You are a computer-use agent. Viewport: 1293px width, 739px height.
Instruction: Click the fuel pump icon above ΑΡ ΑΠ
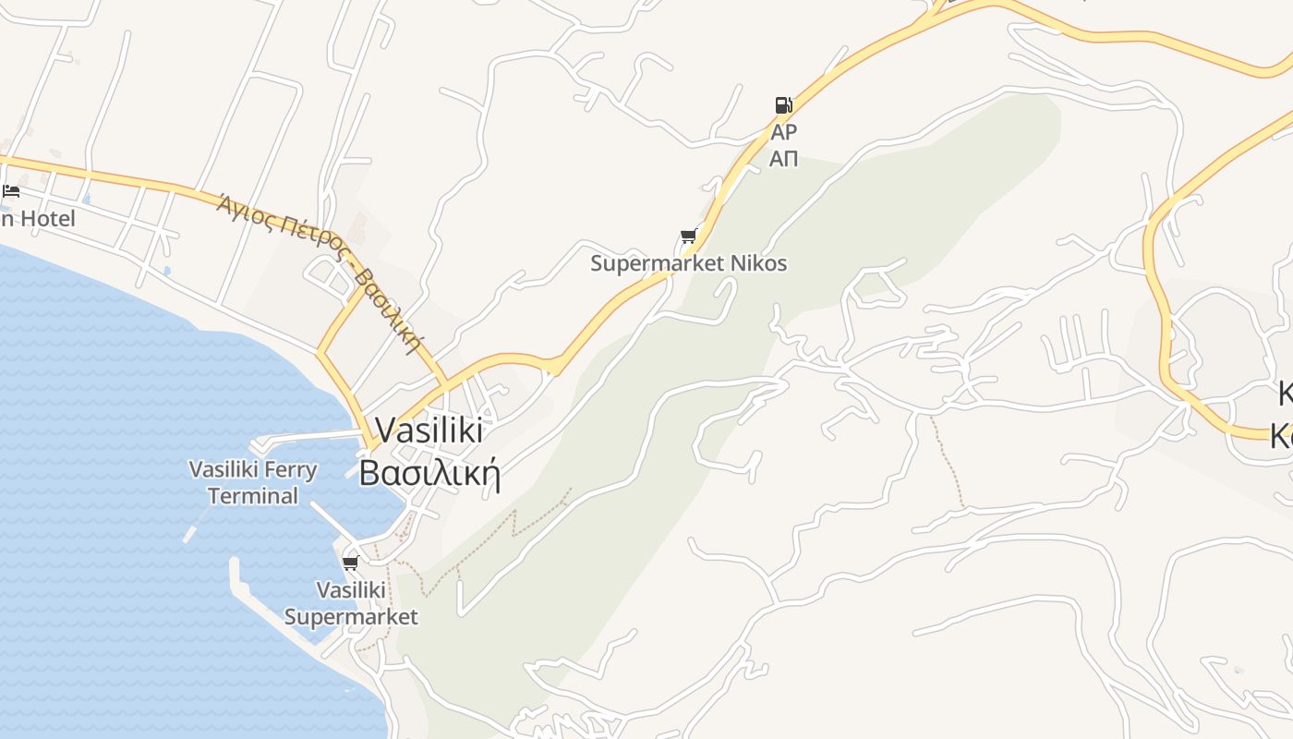tap(783, 104)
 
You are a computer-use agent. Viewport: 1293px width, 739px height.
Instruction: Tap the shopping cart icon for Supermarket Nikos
tap(688, 236)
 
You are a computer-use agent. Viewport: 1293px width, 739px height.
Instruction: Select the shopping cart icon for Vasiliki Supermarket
tap(350, 563)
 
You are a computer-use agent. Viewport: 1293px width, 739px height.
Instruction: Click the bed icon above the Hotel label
tap(11, 191)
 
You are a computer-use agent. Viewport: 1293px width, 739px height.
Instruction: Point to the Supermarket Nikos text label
tap(689, 263)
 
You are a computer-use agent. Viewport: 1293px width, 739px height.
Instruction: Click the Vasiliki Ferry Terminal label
tap(253, 482)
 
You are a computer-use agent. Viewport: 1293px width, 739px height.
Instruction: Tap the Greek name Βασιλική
tap(429, 473)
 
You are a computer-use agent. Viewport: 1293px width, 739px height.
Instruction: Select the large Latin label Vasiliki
tap(429, 430)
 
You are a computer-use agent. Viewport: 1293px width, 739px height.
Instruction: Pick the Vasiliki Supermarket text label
tap(351, 603)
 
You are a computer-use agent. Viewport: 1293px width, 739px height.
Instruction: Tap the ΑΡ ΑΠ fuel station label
tap(783, 145)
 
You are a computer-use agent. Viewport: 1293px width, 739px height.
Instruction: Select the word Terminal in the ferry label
tap(253, 496)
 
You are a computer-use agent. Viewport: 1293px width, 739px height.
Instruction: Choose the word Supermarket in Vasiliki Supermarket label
tap(351, 616)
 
